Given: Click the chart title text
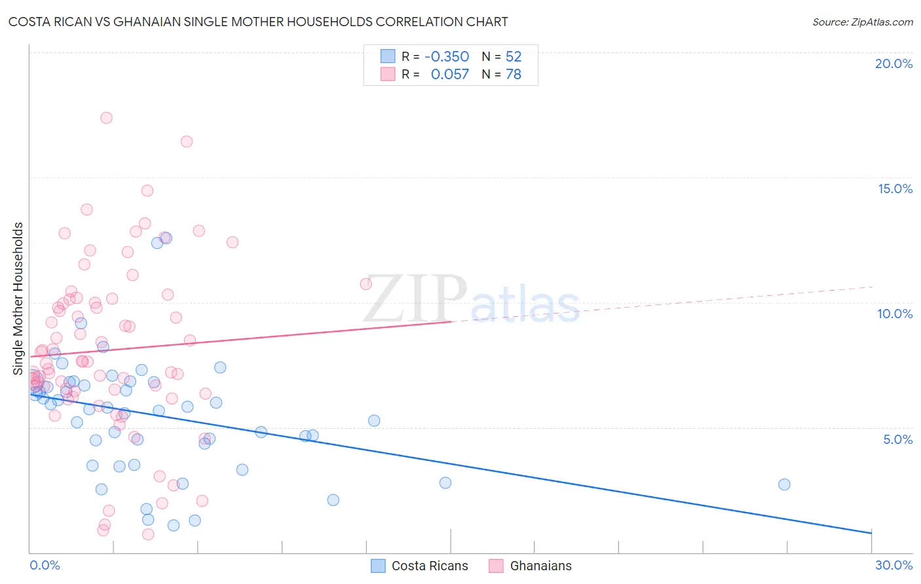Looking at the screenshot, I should click(x=258, y=22).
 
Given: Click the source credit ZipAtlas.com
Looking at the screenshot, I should click(x=862, y=22).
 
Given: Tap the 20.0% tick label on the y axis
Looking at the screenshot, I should click(x=893, y=64).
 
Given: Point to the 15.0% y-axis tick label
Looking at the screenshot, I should click(x=895, y=189).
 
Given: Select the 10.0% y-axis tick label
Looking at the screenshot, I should click(x=895, y=314).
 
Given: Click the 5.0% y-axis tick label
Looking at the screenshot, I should click(x=897, y=439).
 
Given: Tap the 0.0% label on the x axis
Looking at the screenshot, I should click(x=45, y=565).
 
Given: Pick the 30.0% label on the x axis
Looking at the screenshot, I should click(x=893, y=565).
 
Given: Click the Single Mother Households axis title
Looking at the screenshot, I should click(x=18, y=299).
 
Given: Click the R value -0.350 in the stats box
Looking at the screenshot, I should click(x=447, y=57).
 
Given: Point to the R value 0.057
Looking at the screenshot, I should click(x=449, y=75).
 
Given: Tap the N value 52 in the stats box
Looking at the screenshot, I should click(x=514, y=57).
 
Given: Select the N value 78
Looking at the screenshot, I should click(x=514, y=75).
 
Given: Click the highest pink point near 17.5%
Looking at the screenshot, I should click(x=106, y=118).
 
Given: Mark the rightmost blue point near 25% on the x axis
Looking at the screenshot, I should click(x=784, y=484).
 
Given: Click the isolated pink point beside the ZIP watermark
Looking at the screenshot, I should click(x=366, y=283).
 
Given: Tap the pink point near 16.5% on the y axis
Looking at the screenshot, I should click(x=187, y=141).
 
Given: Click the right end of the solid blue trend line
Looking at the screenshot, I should click(x=871, y=533).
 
